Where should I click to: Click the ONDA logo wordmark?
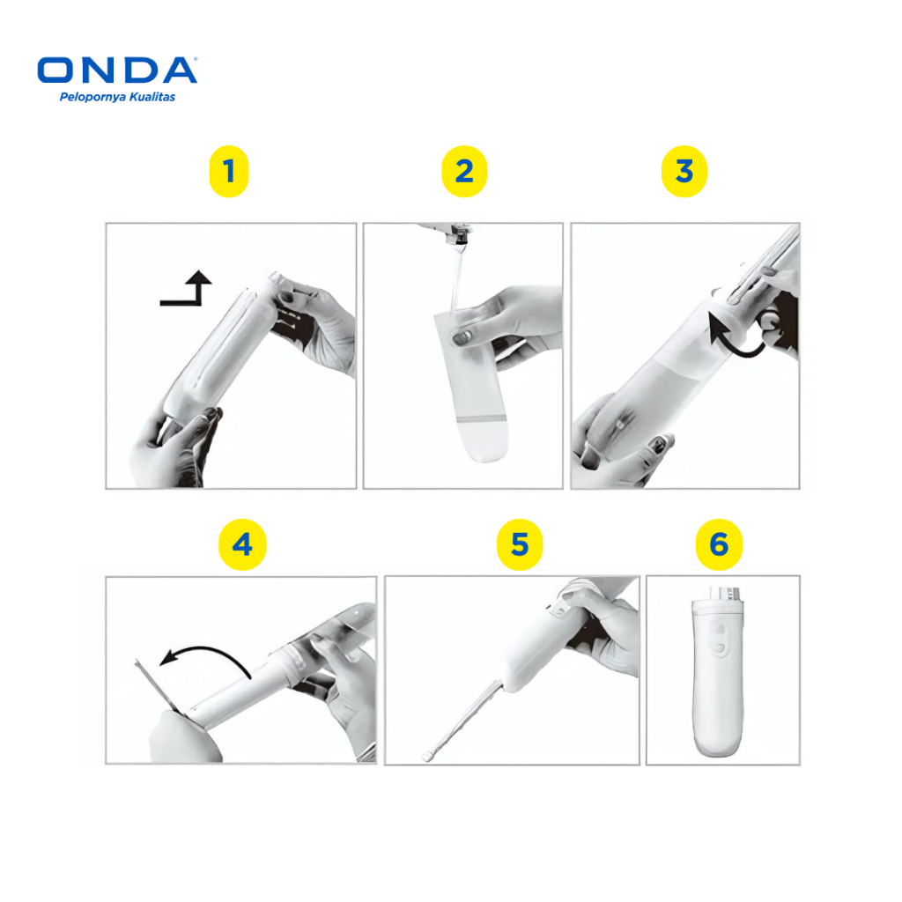pyautogui.click(x=117, y=70)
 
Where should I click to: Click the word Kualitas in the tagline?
pyautogui.click(x=152, y=97)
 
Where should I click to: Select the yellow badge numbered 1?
pyautogui.click(x=229, y=172)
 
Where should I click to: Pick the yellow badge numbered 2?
pyautogui.click(x=464, y=172)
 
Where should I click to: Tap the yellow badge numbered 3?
pyautogui.click(x=684, y=172)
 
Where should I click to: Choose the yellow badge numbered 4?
pyautogui.click(x=242, y=544)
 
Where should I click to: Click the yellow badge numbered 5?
pyautogui.click(x=520, y=544)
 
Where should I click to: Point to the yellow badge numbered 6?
pyautogui.click(x=719, y=544)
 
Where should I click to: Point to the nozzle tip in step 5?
pyautogui.click(x=427, y=757)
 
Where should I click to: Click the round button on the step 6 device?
pyautogui.click(x=719, y=648)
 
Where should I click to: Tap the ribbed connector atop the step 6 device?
pyautogui.click(x=725, y=593)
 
